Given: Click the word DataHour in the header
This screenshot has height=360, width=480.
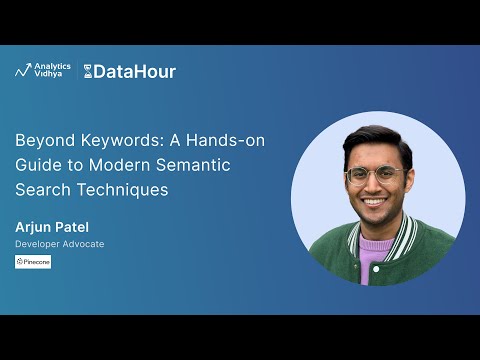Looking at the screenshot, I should pos(135,71).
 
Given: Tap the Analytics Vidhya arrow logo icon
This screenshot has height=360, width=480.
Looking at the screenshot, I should pos(25,71).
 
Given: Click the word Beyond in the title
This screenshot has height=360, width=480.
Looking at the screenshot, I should pos(40,140).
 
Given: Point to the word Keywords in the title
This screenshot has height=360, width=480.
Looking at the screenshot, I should pos(107,140).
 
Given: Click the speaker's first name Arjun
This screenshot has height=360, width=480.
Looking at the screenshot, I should pos(32,227).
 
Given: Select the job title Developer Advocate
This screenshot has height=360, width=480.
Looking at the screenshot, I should pos(59,244).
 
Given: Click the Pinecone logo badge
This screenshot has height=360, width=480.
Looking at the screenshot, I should pos(33,261).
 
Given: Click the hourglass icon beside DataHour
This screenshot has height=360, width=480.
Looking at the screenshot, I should pos(88,71).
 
